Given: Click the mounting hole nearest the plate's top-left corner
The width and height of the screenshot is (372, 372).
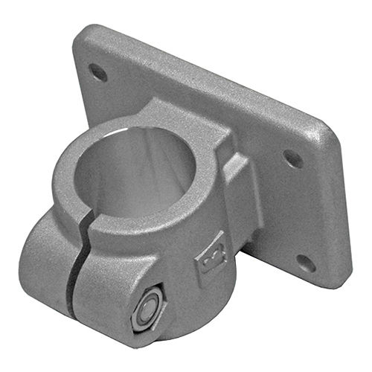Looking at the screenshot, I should [x=97, y=71].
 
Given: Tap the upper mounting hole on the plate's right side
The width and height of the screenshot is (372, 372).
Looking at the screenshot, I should [x=293, y=158].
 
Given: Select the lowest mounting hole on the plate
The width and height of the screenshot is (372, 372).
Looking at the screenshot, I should [x=305, y=262].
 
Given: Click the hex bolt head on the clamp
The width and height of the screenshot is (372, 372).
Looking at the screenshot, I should [x=147, y=307].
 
